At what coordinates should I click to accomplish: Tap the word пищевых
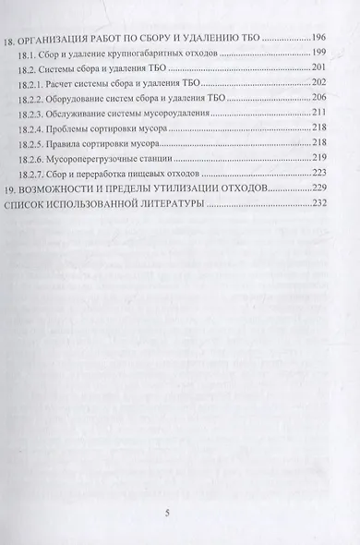click(182, 188)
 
